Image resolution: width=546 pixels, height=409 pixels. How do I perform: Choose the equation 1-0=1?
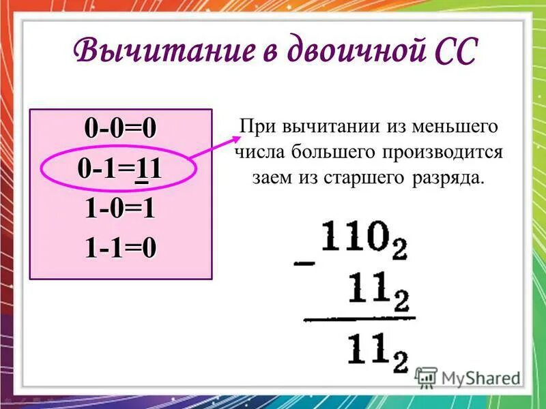120,209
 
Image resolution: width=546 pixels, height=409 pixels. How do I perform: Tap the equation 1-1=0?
120,249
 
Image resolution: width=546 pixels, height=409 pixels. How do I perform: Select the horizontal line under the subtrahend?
358,318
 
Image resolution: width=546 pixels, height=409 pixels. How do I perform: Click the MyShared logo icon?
426,378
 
